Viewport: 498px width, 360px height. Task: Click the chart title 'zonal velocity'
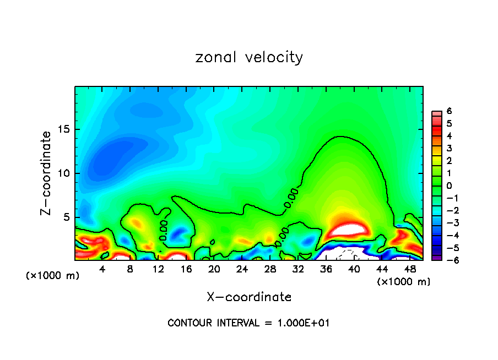click(249, 57)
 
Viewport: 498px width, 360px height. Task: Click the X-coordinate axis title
click(249, 297)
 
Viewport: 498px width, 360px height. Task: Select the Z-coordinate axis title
click(47, 173)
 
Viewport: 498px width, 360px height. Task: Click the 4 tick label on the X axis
click(102, 269)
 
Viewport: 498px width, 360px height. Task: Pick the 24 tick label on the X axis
click(242, 269)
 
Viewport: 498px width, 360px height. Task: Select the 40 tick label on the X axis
click(354, 269)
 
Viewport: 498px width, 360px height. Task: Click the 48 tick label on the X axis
click(409, 269)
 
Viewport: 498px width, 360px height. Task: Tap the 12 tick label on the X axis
click(158, 269)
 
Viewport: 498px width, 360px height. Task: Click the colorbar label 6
click(449, 111)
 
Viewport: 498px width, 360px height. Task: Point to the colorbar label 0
click(449, 186)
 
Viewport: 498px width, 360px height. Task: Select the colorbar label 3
click(449, 148)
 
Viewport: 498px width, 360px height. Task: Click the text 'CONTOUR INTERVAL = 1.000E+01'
click(248, 323)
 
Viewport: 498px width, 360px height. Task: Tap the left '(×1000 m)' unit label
click(52, 275)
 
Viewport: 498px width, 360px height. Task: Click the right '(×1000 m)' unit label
click(404, 282)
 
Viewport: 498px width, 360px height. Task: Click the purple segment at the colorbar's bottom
click(436, 257)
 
